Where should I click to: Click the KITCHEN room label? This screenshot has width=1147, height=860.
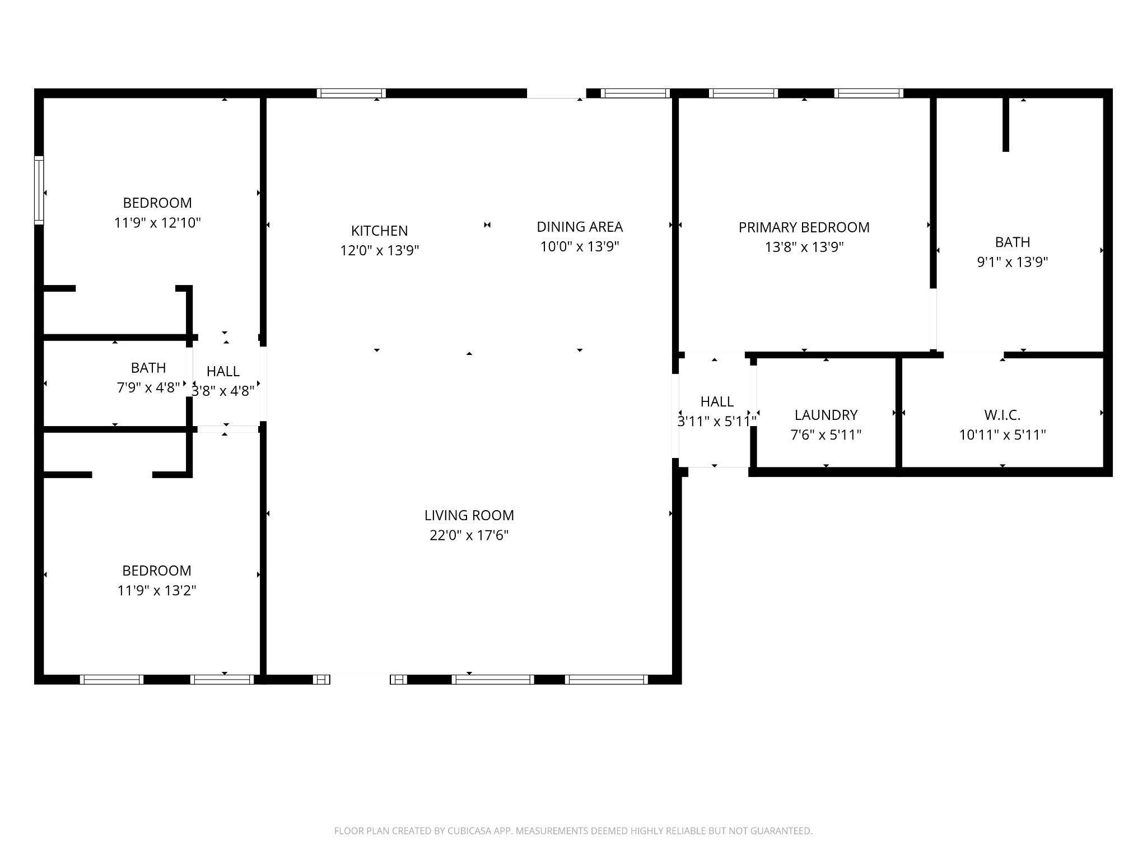point(379,231)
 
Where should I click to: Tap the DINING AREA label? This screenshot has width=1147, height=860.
point(580,227)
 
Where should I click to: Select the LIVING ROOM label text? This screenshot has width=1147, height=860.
point(469,515)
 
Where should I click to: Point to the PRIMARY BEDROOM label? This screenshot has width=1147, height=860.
point(804,227)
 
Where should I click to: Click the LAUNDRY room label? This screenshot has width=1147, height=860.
point(826,415)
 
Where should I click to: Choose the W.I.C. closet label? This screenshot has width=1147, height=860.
point(1003,415)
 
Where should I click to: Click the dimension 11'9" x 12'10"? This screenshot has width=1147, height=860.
point(157,223)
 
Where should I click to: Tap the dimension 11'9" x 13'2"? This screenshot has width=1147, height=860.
point(157,591)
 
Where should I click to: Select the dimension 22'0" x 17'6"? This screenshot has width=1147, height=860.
point(469,535)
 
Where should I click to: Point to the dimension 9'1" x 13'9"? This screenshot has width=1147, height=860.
point(1013,262)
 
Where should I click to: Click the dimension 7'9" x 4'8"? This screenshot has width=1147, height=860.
point(148,387)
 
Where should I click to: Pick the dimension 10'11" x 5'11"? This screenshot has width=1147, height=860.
point(1003,435)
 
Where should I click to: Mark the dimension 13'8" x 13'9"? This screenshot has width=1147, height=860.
point(804,247)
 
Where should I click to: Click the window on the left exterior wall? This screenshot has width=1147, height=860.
point(39,190)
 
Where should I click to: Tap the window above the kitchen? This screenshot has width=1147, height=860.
point(351,94)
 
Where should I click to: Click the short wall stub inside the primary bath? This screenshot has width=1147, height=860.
point(1006,124)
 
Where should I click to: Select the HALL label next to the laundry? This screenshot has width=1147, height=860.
point(717,401)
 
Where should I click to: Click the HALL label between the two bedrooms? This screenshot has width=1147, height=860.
point(223,371)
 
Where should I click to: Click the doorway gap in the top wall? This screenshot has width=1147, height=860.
point(556,94)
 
